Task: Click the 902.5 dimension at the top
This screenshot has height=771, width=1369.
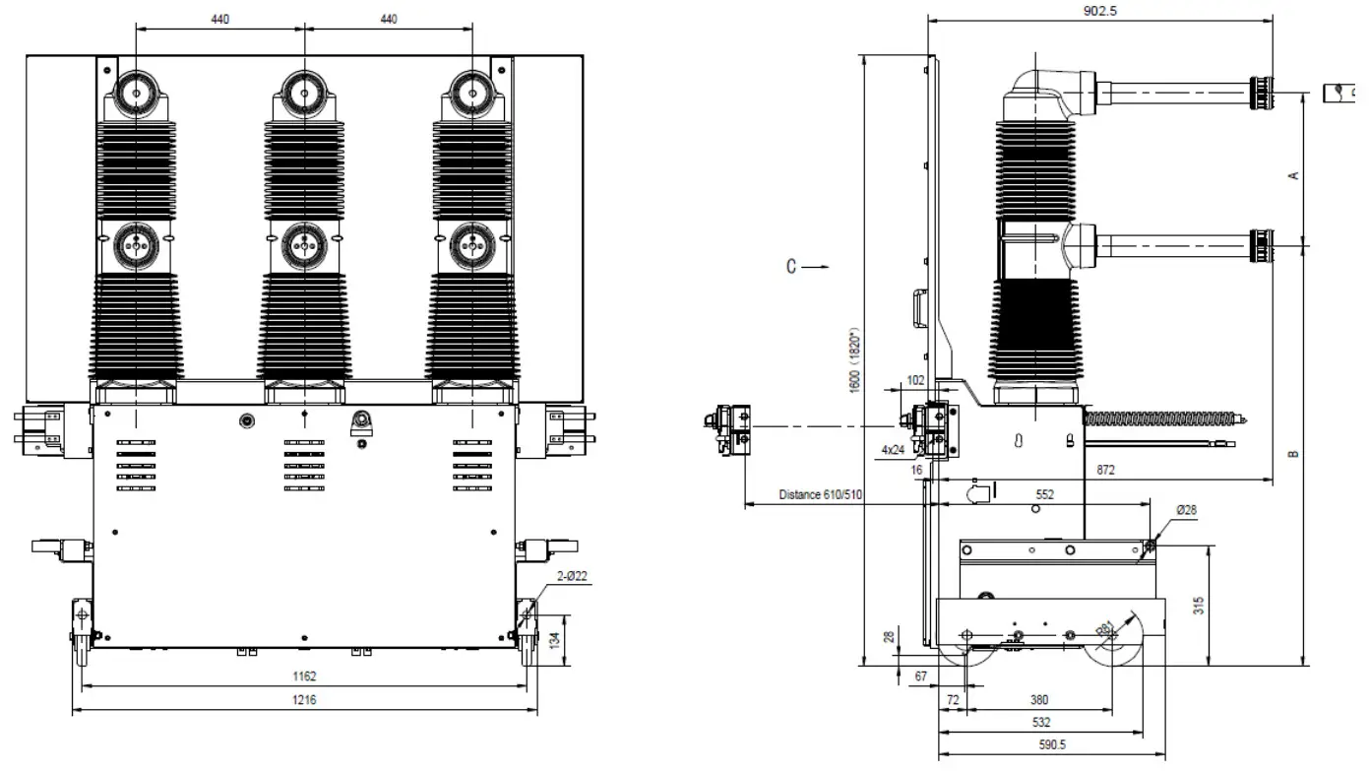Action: (1100, 12)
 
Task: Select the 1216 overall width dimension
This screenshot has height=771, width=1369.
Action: (304, 699)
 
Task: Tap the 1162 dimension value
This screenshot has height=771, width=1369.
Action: (304, 676)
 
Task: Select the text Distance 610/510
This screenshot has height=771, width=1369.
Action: (820, 495)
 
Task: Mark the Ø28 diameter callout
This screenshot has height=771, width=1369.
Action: (1188, 509)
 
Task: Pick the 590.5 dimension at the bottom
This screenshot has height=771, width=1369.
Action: (1052, 745)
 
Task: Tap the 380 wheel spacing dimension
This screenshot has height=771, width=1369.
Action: (1038, 700)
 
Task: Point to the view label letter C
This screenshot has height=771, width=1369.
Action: (791, 266)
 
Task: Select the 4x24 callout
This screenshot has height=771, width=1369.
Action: (893, 450)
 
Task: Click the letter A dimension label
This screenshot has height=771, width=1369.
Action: (1294, 175)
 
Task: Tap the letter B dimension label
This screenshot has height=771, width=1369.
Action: (1294, 454)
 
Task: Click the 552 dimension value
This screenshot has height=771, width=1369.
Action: (1044, 495)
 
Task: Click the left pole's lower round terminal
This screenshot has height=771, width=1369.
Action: (135, 245)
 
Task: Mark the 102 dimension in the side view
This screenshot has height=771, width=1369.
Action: (916, 379)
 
